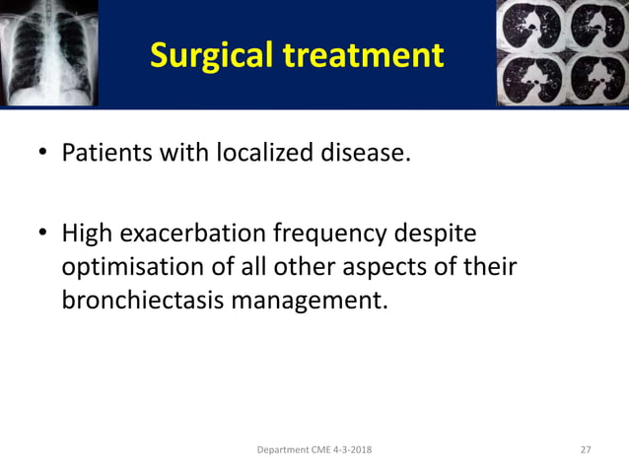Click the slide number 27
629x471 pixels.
point(586,450)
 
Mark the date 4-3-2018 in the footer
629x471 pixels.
point(350,450)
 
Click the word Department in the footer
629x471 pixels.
point(281,450)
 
